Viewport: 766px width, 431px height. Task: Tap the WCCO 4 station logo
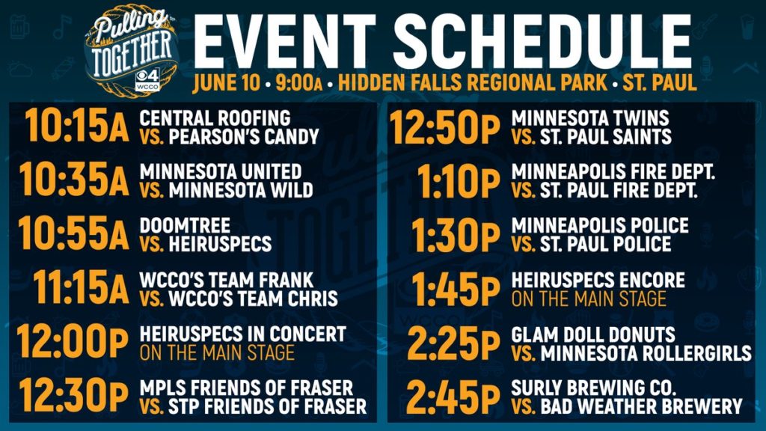[147, 79]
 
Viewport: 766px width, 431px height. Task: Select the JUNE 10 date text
[226, 82]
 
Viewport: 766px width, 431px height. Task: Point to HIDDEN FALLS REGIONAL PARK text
[473, 82]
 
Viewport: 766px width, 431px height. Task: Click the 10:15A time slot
[77, 126]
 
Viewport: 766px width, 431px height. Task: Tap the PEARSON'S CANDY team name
[244, 137]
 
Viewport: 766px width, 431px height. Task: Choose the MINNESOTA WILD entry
[241, 190]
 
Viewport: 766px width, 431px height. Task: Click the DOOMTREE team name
[185, 225]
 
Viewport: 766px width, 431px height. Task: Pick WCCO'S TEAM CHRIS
[253, 299]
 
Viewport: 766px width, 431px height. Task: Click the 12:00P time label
[73, 341]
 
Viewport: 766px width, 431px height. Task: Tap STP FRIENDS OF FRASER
[268, 406]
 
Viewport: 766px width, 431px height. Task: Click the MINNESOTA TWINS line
[590, 117]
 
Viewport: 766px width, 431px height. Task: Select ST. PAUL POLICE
[606, 244]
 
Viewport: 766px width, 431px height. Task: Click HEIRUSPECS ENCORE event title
[598, 280]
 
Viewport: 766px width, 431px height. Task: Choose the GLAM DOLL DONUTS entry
[593, 334]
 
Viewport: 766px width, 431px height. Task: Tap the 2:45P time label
[453, 397]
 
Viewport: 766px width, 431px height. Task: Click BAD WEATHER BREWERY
[641, 406]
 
